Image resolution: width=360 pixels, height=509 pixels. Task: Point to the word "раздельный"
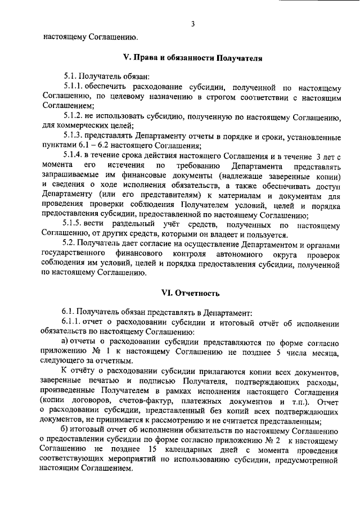pyautogui.click(x=131, y=225)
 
